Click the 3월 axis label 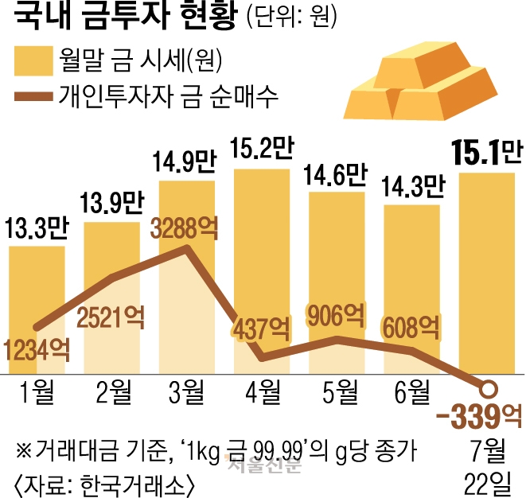point(187,392)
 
